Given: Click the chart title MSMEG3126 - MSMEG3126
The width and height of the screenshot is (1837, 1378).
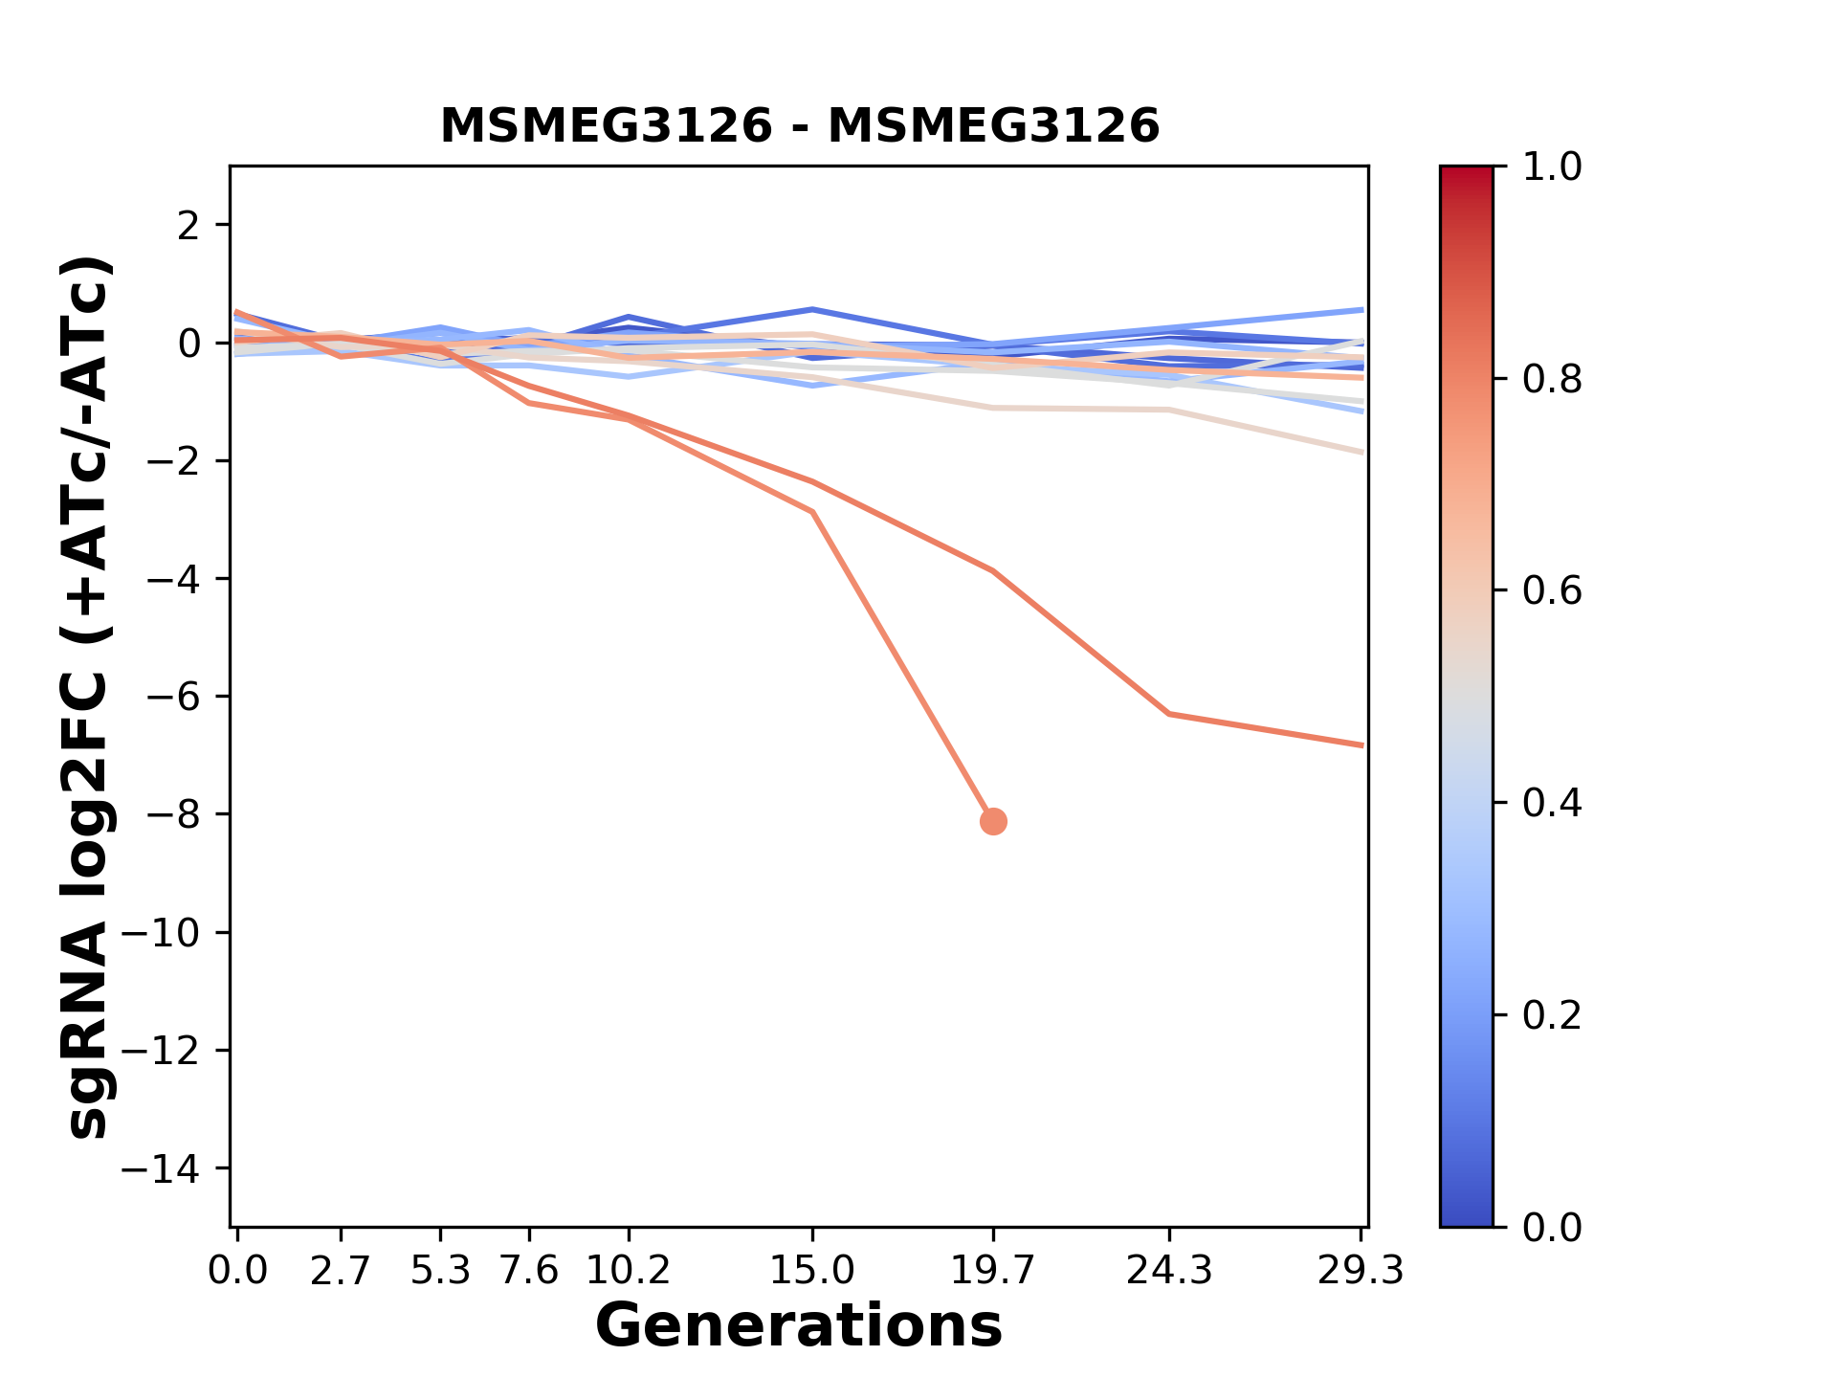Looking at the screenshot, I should click(x=800, y=126).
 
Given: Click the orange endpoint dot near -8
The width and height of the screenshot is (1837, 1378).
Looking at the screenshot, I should click(x=993, y=821).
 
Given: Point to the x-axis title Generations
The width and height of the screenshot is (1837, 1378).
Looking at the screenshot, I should click(x=799, y=1326).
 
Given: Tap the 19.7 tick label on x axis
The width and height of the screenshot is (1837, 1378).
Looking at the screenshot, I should click(x=993, y=1271).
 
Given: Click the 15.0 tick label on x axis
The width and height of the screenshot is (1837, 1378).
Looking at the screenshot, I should click(x=811, y=1271).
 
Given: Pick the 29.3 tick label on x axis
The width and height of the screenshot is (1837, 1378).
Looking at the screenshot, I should click(x=1361, y=1271).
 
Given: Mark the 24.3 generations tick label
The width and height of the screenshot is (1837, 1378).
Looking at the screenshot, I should click(x=1169, y=1271).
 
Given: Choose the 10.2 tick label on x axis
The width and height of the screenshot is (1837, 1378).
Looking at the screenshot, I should click(x=628, y=1271).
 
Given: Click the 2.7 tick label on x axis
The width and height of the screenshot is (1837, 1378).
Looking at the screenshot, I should click(x=341, y=1271).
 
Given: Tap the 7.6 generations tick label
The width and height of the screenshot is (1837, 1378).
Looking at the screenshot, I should click(x=528, y=1271).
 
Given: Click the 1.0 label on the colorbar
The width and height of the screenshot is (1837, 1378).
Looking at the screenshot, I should click(x=1552, y=167).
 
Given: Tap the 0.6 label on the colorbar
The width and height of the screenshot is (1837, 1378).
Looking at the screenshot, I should click(x=1552, y=591).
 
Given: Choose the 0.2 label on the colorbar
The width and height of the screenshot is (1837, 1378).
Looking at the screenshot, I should click(x=1552, y=1015).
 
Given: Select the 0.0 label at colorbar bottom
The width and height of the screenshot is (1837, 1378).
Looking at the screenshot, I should click(x=1552, y=1227).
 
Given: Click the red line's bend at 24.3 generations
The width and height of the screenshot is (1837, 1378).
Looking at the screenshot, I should click(x=1169, y=714).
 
